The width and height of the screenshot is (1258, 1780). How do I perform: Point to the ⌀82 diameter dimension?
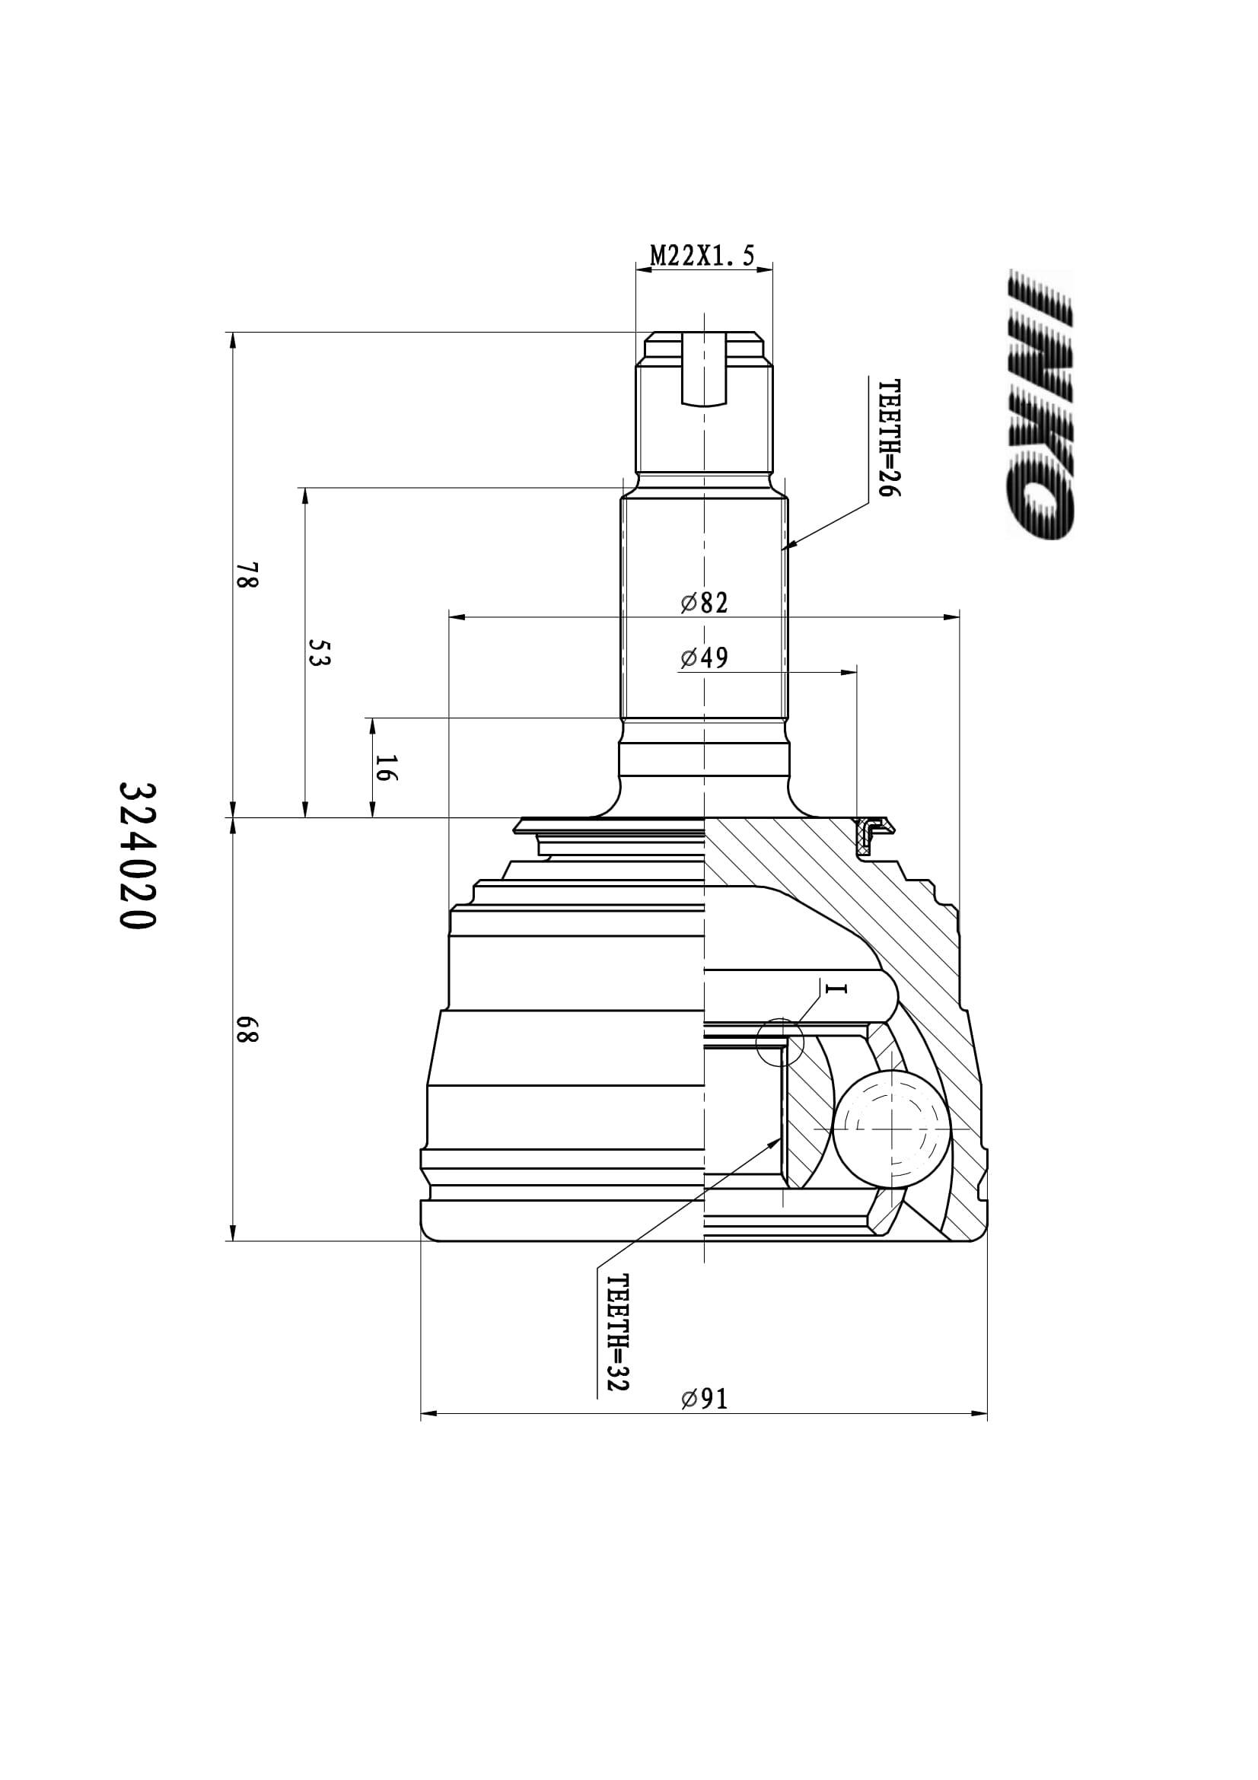(705, 603)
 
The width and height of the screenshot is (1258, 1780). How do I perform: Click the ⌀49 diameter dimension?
(705, 658)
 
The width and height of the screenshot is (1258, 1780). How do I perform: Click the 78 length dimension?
(247, 575)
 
